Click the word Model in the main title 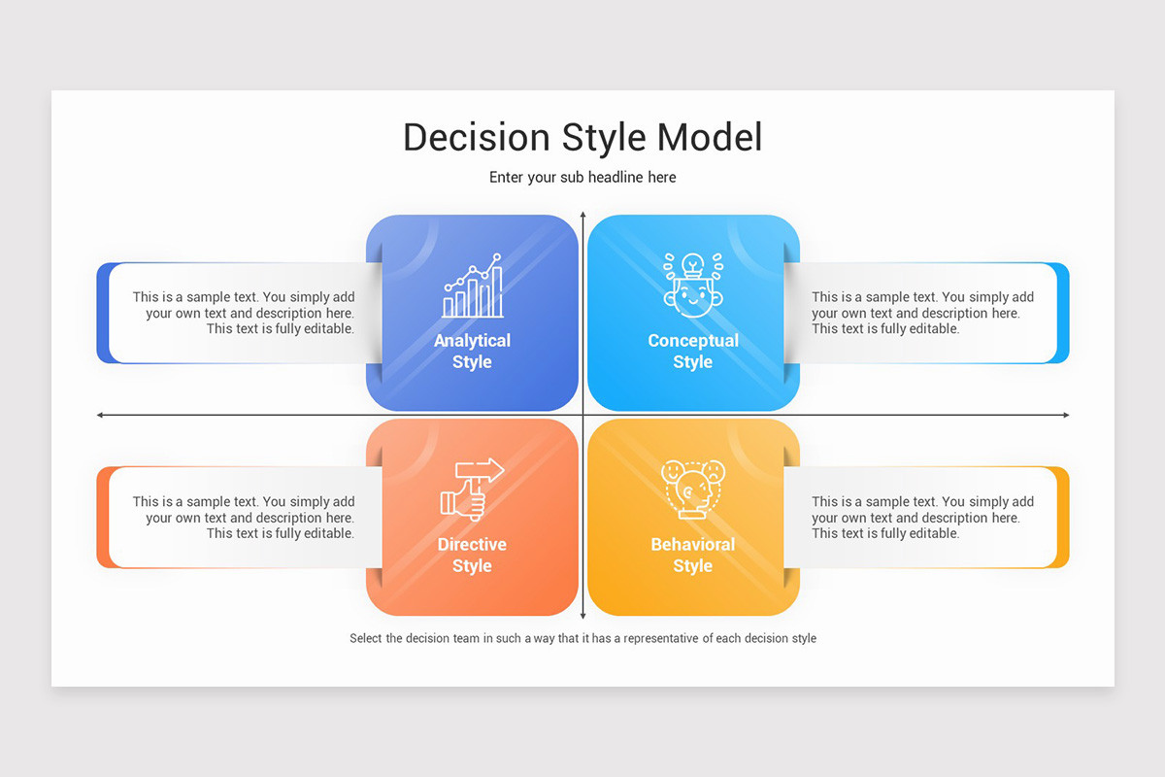[710, 137]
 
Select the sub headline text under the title [582, 177]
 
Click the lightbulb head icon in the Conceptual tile [692, 285]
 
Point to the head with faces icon [692, 490]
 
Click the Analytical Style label [472, 351]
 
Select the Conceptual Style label [693, 351]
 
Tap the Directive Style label [472, 555]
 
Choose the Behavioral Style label [693, 555]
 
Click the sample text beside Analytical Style [244, 313]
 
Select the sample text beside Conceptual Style [922, 313]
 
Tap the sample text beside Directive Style [244, 518]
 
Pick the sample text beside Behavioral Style [922, 518]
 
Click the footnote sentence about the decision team [582, 638]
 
